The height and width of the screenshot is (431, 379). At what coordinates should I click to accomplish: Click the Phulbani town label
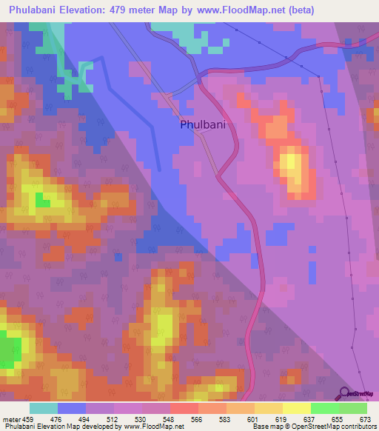coord(202,125)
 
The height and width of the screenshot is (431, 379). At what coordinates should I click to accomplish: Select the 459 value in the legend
coord(30,419)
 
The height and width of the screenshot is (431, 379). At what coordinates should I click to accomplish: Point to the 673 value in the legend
coord(363,419)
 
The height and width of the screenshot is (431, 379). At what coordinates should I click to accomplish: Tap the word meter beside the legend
coord(10,419)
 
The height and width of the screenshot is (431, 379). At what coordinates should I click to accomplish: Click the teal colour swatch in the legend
coord(44,408)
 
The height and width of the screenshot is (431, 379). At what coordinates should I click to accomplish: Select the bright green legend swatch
coord(324,408)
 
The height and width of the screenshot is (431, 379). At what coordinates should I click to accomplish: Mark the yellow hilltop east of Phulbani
coord(291,164)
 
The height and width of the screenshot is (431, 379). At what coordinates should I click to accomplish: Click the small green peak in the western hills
coord(42,201)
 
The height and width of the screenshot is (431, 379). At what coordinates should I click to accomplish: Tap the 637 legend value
coord(309,419)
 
